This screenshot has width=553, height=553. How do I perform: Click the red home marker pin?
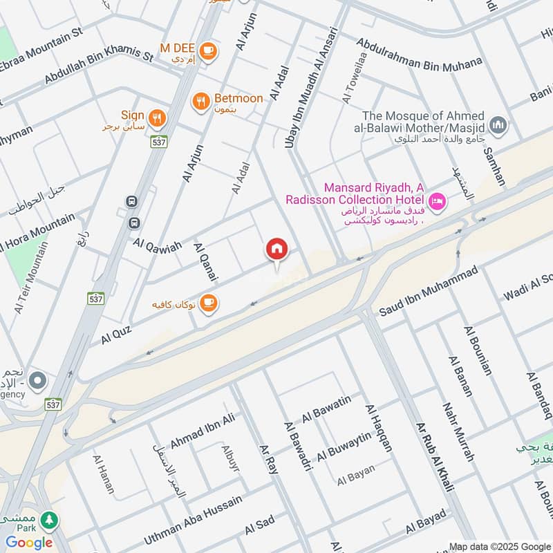(277, 250)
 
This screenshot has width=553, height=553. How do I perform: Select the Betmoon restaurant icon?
(200, 101)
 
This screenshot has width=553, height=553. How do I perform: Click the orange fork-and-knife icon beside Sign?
(158, 118)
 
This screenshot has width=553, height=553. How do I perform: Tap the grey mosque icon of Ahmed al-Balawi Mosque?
(498, 125)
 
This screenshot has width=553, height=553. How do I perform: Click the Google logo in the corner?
(29, 542)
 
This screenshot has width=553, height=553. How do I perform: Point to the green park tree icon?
(48, 519)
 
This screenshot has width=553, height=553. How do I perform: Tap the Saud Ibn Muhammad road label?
(428, 293)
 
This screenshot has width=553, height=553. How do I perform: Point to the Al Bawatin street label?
(326, 409)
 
